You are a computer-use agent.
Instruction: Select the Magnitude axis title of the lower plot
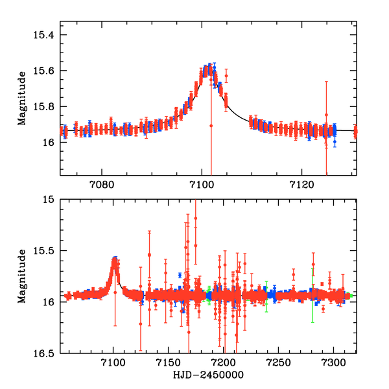click(22, 275)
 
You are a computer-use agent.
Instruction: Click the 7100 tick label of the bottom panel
click(113, 362)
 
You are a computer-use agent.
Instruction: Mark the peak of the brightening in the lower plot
click(115, 259)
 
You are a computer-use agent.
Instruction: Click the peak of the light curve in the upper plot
click(207, 66)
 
